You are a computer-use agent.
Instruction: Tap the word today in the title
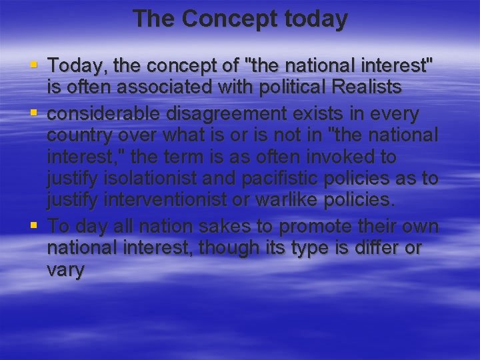tap(313, 19)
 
